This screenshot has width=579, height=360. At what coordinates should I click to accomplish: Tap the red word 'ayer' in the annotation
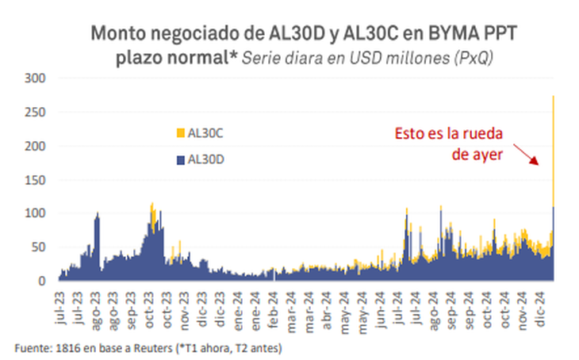click(489, 155)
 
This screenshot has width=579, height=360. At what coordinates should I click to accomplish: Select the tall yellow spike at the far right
click(552, 151)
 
